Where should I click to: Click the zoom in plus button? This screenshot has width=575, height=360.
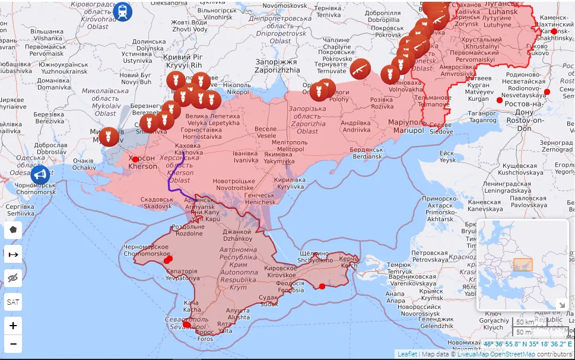click(13, 325)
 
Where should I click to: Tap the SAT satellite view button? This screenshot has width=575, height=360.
click(13, 301)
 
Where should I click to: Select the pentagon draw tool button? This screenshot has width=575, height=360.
click(13, 230)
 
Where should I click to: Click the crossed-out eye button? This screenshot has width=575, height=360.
click(13, 278)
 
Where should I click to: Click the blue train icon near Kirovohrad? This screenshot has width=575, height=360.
click(123, 11)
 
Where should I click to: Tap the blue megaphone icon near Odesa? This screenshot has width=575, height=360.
click(40, 174)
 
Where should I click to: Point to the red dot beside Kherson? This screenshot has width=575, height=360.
click(135, 159)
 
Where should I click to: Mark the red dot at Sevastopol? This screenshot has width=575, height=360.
click(187, 324)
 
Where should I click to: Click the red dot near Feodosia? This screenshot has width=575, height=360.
click(322, 286)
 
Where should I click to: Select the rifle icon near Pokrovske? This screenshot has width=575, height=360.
click(360, 69)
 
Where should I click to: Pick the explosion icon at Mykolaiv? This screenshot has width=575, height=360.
click(109, 137)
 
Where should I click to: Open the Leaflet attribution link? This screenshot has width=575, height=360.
click(407, 354)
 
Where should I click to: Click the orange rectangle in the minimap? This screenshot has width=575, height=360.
click(523, 265)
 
